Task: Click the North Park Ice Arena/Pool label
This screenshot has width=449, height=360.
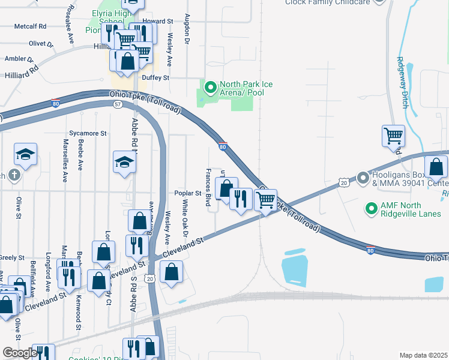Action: (246, 88)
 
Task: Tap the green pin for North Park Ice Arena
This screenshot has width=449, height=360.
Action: (210, 88)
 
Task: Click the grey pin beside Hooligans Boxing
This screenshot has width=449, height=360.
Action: (362, 178)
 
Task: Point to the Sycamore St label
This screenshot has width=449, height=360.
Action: (88, 133)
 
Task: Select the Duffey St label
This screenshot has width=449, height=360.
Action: (155, 78)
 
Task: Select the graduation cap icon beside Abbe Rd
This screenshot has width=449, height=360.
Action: (124, 162)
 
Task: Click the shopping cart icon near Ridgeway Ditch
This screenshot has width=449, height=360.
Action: (393, 136)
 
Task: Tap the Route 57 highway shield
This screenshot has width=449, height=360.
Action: (118, 104)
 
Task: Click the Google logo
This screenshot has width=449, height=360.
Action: (20, 353)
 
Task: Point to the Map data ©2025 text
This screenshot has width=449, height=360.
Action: (423, 355)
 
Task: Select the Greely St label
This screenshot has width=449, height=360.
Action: (11, 257)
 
